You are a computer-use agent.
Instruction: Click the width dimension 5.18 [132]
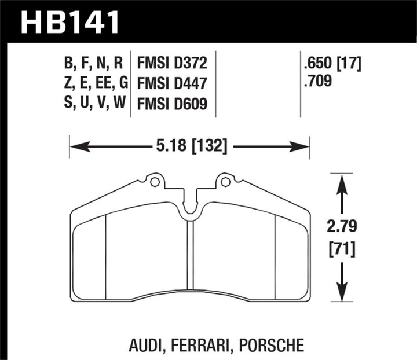[190, 144]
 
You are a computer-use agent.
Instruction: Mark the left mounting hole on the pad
[154, 182]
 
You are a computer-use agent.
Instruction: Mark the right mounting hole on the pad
[225, 182]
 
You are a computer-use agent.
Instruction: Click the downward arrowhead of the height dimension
[342, 292]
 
